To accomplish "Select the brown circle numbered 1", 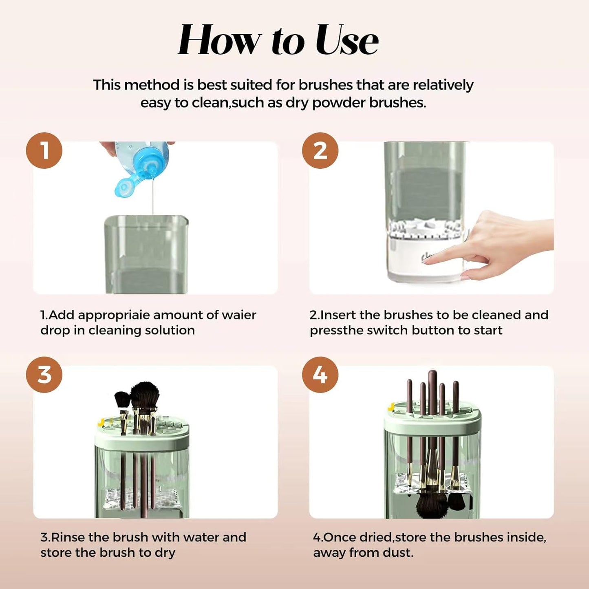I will pos(44,150).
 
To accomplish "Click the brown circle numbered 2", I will pos(320,150).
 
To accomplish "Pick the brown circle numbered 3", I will pos(44,375).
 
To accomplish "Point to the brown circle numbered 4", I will pos(320,375).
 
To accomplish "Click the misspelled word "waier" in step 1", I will pos(239,315).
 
